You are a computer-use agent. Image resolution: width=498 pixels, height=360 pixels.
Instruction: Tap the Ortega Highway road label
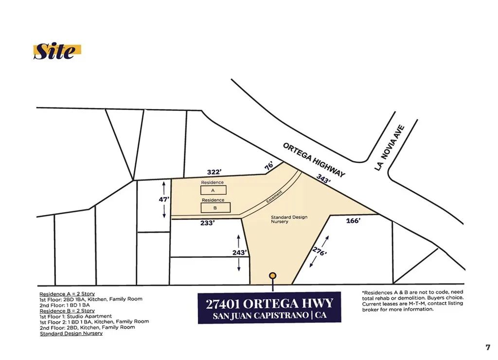click(314, 160)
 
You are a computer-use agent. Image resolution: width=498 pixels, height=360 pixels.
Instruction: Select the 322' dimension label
click(214, 172)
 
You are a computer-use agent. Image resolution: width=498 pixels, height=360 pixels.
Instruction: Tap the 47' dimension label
click(164, 199)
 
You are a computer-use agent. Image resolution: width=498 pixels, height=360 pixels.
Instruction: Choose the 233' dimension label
click(207, 223)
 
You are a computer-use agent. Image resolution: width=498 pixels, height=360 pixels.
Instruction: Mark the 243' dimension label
click(240, 252)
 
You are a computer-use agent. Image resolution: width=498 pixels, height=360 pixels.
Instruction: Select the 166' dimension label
click(353, 221)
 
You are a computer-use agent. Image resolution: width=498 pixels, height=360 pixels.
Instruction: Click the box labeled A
click(213, 190)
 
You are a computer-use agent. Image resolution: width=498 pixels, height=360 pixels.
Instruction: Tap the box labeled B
click(215, 208)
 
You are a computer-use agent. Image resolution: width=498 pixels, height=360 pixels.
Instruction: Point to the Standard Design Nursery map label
click(289, 219)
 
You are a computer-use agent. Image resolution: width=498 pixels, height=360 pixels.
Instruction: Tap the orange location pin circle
click(273, 276)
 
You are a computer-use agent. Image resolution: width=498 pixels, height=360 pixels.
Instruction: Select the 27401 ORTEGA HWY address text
click(269, 304)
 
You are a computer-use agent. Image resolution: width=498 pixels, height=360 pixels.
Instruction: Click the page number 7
click(488, 347)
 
